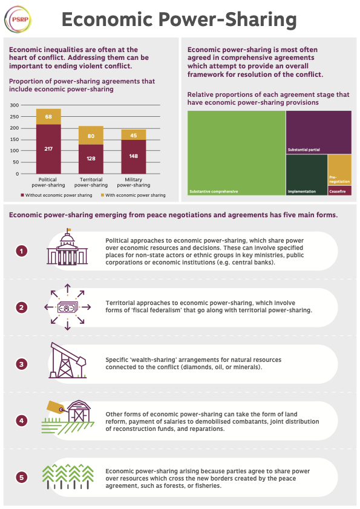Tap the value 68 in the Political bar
click(x=48, y=116)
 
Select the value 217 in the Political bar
click(x=48, y=148)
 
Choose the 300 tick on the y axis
click(x=15, y=105)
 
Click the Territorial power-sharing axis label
click(x=90, y=183)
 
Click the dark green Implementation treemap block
click(x=306, y=174)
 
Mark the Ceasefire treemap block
click(x=339, y=191)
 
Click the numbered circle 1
click(x=22, y=250)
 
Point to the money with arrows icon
click(x=67, y=307)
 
